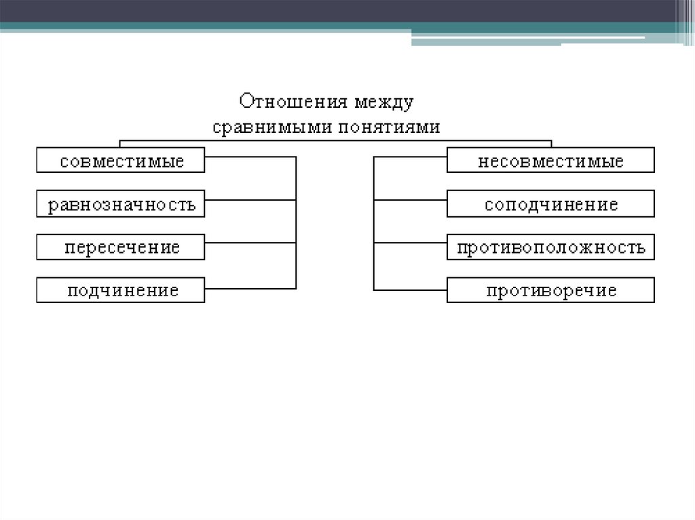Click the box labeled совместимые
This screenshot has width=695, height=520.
point(121,161)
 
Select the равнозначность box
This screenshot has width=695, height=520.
point(121,204)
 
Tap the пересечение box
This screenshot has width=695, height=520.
point(121,247)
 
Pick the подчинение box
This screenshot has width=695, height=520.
point(121,290)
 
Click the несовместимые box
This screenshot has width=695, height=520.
point(550,161)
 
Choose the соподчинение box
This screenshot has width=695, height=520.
point(550,204)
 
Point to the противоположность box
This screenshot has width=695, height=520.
point(550,247)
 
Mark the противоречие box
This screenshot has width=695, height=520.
point(550,290)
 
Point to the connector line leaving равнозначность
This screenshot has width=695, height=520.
point(250,200)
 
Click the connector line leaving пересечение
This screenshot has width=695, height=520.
point(250,243)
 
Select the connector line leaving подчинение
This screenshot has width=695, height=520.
point(250,289)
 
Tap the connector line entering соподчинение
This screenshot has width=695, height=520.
point(410,200)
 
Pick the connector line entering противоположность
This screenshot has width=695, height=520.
point(410,243)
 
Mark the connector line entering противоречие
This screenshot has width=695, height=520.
point(410,289)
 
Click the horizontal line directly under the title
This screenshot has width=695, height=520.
point(336,140)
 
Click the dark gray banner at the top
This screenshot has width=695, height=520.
point(339,11)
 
